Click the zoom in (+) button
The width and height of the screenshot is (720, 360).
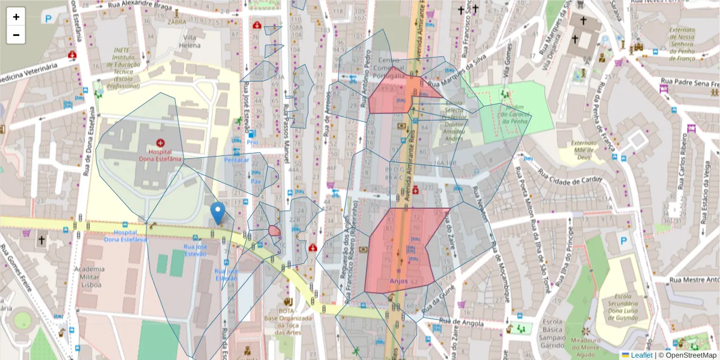tap(16, 17)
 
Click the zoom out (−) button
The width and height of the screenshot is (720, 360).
tap(16, 35)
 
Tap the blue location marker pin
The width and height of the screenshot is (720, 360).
tap(218, 213)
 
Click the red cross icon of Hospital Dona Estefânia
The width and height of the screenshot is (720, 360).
tap(160, 143)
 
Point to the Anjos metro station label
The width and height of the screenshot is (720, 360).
tap(398, 280)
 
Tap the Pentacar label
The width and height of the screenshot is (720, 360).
tap(236, 160)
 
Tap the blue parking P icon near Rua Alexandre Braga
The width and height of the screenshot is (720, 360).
tap(48, 18)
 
